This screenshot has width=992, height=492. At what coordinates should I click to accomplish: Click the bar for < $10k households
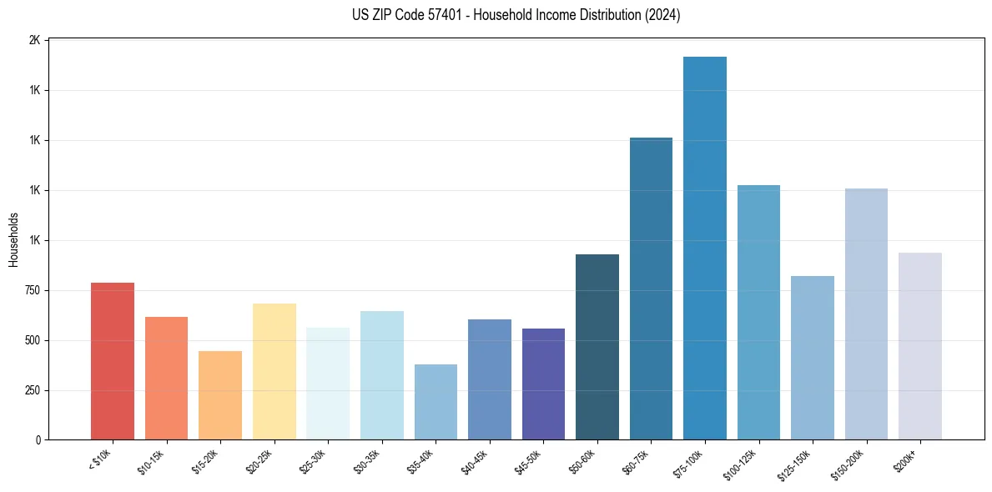112,361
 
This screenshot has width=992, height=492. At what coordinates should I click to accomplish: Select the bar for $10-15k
166,378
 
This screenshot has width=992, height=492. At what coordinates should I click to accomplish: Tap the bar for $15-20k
220,395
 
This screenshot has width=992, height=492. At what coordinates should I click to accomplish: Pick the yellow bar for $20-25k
274,371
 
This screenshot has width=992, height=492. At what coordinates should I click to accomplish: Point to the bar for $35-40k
436,402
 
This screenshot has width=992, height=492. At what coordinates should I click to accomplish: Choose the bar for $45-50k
543,384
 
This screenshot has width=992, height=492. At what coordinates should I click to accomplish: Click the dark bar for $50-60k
597,347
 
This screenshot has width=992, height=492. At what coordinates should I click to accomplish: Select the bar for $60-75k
651,289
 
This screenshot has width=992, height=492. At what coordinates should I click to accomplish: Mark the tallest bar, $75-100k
705,248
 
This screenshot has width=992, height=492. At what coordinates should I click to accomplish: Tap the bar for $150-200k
866,314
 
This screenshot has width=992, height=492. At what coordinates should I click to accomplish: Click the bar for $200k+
920,346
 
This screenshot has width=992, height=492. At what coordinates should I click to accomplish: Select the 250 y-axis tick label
33,390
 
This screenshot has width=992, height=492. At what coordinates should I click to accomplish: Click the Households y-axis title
13,239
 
